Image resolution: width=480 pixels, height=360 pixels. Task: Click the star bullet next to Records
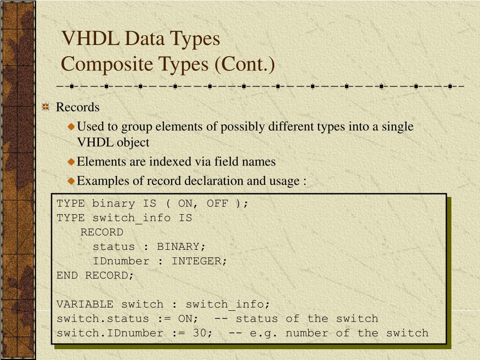click(45, 107)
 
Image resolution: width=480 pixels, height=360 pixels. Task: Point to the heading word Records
click(78, 107)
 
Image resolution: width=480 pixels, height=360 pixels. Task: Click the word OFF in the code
click(217, 203)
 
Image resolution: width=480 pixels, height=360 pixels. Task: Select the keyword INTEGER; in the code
click(199, 261)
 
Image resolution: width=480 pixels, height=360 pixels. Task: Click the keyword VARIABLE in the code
click(85, 304)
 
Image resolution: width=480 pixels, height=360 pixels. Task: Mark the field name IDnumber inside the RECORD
click(121, 261)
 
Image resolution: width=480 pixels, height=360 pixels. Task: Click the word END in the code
click(67, 276)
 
